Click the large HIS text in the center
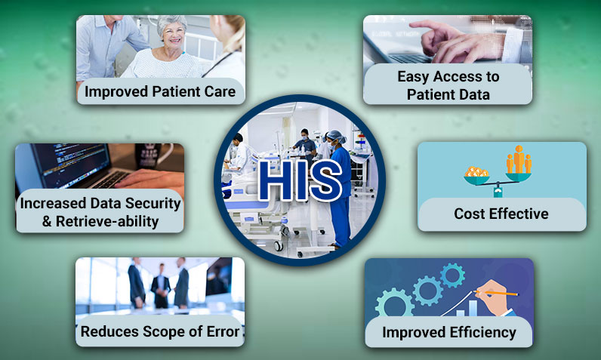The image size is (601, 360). point(300,180)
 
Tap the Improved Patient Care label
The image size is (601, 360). point(160,92)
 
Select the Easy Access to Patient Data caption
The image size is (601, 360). point(448,85)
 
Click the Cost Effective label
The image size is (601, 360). point(501,214)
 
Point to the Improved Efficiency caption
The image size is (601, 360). point(448,332)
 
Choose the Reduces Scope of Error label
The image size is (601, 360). point(159,331)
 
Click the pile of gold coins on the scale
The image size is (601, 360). point(476,174)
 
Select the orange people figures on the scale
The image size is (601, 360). point(518,160)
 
